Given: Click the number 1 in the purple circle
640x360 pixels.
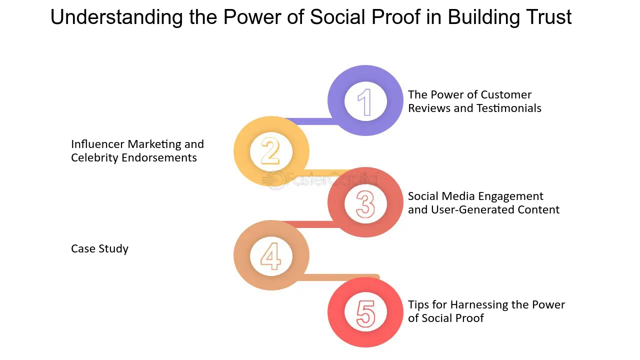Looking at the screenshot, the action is tap(365, 102).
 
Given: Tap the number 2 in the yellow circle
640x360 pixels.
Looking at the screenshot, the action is tap(270, 151).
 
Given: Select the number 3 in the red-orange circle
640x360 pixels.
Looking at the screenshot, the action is tap(365, 204).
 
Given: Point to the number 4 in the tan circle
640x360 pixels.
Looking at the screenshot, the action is tap(270, 256).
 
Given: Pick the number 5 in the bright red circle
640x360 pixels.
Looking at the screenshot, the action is tap(365, 313).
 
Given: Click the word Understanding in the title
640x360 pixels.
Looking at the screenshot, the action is tap(116, 17).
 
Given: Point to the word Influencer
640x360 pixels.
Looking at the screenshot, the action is tap(97, 144).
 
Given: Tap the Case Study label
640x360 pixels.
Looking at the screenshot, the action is tap(99, 249).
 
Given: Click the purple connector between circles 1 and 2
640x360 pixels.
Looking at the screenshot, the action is tap(311, 121).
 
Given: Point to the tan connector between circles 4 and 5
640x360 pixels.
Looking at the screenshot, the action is tap(338, 277).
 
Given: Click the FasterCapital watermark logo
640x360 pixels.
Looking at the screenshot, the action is tap(320, 179).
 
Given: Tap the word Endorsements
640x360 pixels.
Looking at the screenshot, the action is tap(159, 158).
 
